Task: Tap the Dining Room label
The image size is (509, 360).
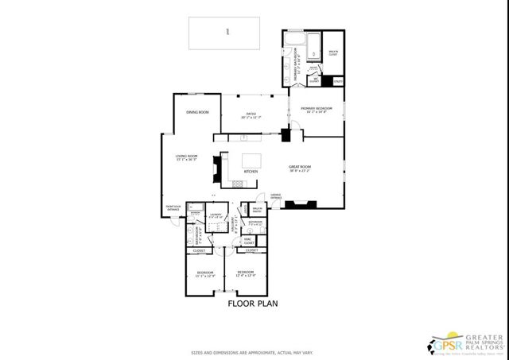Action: [x=197, y=112]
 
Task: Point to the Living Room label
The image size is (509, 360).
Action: [x=187, y=157]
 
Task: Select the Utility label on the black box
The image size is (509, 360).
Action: [x=337, y=81]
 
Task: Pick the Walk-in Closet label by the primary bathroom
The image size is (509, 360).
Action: [x=332, y=54]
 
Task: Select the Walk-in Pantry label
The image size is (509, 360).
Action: [x=257, y=210]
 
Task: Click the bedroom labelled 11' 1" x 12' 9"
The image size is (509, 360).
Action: [x=205, y=275]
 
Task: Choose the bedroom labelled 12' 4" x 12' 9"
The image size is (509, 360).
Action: [x=244, y=274]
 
